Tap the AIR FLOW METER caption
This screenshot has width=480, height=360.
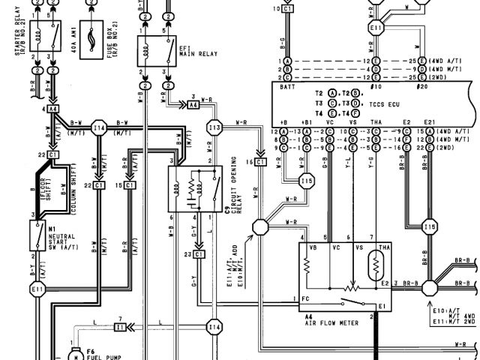coord(331,323)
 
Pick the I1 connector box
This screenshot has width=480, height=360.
coord(121,327)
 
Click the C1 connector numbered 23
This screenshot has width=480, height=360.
coord(198,255)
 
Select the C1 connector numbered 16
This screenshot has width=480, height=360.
coord(259,161)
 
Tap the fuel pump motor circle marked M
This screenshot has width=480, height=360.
coord(76,356)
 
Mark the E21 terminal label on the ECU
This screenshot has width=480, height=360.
coord(429,121)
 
